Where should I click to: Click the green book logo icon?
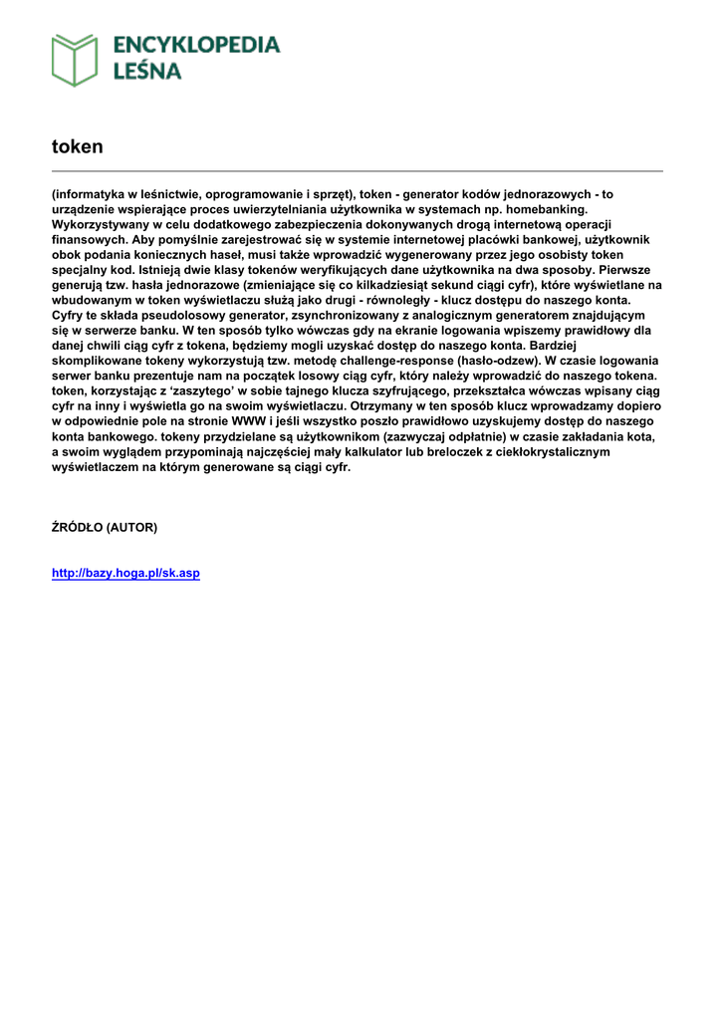[75, 60]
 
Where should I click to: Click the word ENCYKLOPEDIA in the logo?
[196, 45]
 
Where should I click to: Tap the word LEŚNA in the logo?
[147, 72]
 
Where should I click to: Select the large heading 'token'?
[78, 146]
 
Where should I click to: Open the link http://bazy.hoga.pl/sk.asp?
[125, 574]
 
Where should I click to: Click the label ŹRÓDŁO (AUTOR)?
[105, 527]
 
